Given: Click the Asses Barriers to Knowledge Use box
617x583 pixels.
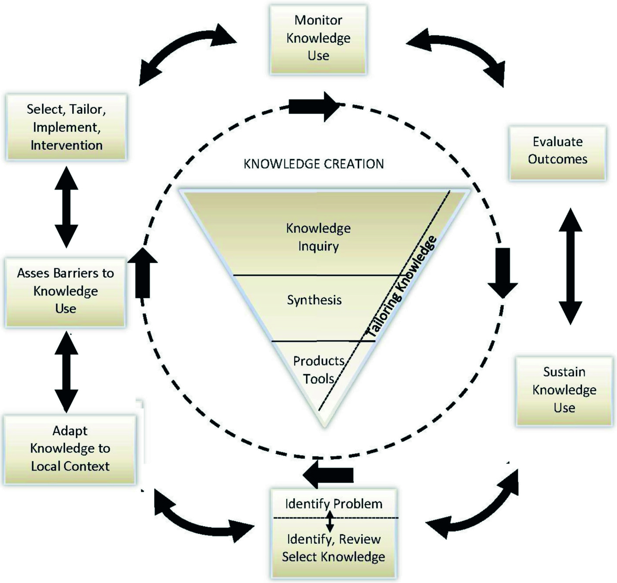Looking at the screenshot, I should pyautogui.click(x=66, y=291).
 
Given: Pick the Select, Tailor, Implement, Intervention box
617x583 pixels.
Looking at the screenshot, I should pyautogui.click(x=66, y=127).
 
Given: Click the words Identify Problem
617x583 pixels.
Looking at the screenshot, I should pyautogui.click(x=334, y=503).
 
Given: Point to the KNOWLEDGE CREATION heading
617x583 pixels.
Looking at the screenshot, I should pyautogui.click(x=314, y=164).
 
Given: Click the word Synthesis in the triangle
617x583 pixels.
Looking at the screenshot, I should pyautogui.click(x=314, y=300).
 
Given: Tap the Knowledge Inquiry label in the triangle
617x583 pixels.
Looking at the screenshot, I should pyautogui.click(x=318, y=237).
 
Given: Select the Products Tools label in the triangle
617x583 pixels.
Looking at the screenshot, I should pyautogui.click(x=318, y=370).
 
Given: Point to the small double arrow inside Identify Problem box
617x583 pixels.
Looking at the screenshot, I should pyautogui.click(x=330, y=521).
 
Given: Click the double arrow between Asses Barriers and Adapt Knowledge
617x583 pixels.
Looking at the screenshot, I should pyautogui.click(x=66, y=372).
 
